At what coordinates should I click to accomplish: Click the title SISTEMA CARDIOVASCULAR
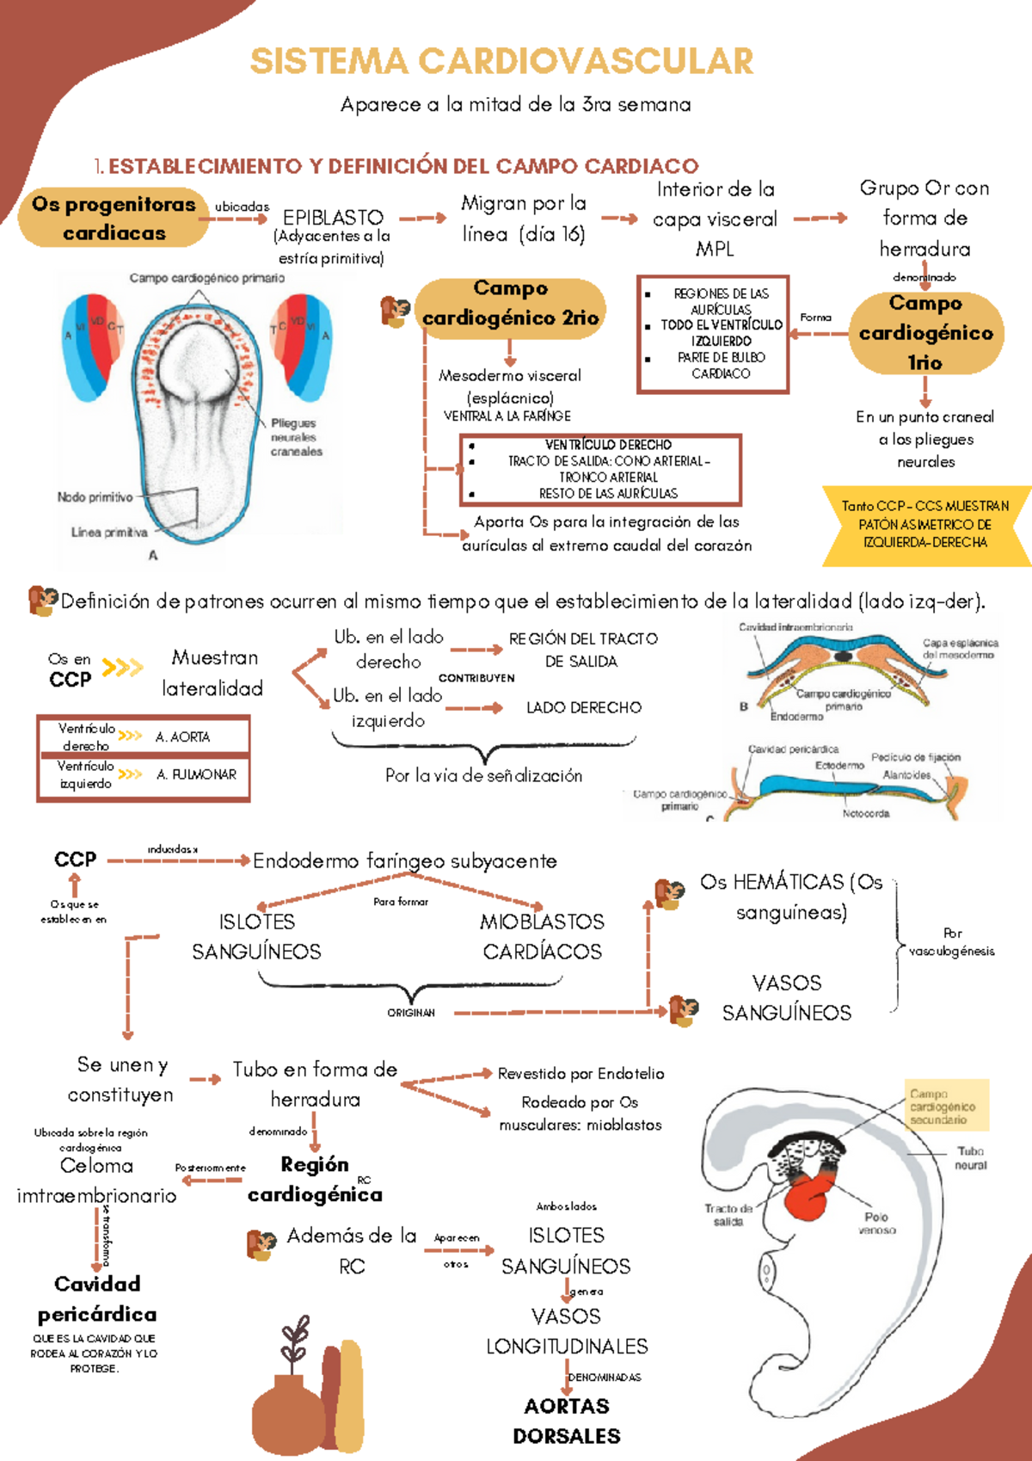coord(501,62)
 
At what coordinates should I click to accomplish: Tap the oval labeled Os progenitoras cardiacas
coord(114,219)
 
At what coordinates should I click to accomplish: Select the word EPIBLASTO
coord(333,218)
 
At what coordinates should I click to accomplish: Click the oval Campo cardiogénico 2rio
coord(511,304)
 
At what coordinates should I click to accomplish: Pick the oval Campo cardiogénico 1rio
coord(925,333)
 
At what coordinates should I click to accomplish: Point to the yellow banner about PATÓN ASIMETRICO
coord(925,524)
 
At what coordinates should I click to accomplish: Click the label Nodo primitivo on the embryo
coord(95,497)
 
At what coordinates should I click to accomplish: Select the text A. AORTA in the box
coord(182,737)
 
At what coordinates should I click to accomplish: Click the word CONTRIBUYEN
coord(476,678)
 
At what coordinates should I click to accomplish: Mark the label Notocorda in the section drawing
coord(866,813)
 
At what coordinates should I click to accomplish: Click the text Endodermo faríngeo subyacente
coord(405,861)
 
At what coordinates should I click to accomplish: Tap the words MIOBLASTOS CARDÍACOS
coord(542,936)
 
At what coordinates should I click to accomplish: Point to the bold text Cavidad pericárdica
coord(97,1299)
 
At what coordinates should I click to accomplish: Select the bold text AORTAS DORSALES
coord(567,1421)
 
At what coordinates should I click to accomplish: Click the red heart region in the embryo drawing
coord(807,1192)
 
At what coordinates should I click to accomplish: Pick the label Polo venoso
coord(876,1223)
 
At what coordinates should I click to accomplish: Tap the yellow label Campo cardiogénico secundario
coord(943,1107)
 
